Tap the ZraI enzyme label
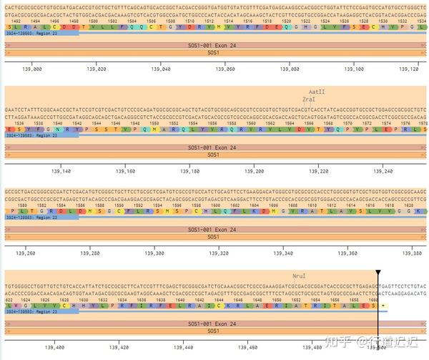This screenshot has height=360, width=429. [309, 100]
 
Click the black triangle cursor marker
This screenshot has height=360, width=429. [377, 273]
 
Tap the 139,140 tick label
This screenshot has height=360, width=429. [62, 172]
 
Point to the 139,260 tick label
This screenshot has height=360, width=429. [26, 253]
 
